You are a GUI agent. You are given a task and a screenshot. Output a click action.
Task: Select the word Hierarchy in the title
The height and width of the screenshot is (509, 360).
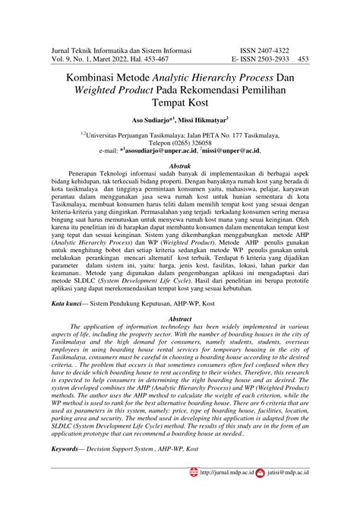click(232, 77)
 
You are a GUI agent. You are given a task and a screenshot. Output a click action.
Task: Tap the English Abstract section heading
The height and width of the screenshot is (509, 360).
click(179, 298)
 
